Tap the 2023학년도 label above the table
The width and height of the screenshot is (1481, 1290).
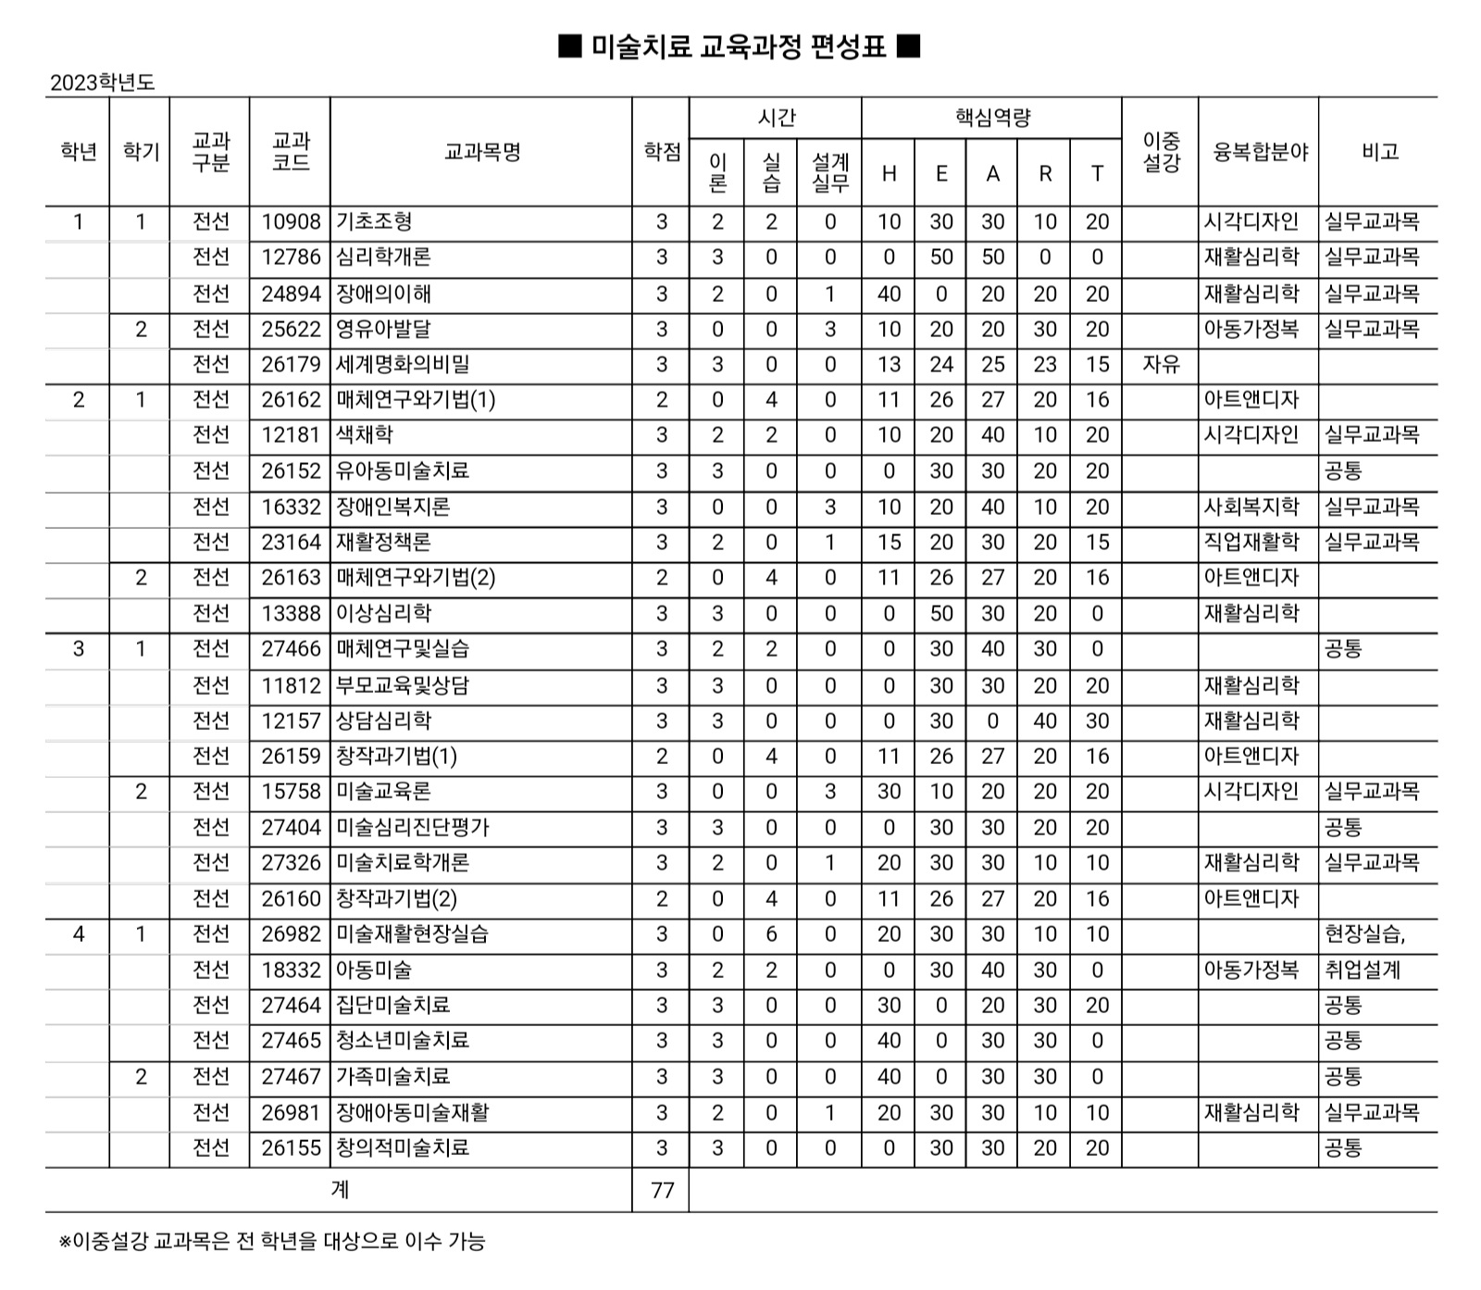(x=103, y=82)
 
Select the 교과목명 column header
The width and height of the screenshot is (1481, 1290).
(x=482, y=152)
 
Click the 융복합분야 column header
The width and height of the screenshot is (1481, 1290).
(x=1259, y=152)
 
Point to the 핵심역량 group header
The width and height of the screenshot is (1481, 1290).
(x=992, y=118)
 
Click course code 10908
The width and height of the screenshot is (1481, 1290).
(x=291, y=222)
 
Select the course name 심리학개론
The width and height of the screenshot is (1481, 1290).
(x=384, y=257)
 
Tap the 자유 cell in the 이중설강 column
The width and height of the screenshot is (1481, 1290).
(x=1161, y=365)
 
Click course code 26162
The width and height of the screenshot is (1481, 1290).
(x=291, y=400)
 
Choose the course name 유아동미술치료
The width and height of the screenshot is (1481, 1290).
(x=403, y=471)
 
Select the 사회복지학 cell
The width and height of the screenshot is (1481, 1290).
(x=1251, y=507)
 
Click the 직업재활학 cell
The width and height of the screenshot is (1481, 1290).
(x=1251, y=543)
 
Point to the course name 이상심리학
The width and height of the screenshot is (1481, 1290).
(x=384, y=614)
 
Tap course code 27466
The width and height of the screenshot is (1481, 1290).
(x=291, y=649)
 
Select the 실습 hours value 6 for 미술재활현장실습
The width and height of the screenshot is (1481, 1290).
(x=771, y=934)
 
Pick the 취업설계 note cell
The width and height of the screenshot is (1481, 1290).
(x=1363, y=971)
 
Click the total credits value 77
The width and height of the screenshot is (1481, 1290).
(x=662, y=1190)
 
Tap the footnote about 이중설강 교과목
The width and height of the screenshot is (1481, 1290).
(x=272, y=1242)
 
